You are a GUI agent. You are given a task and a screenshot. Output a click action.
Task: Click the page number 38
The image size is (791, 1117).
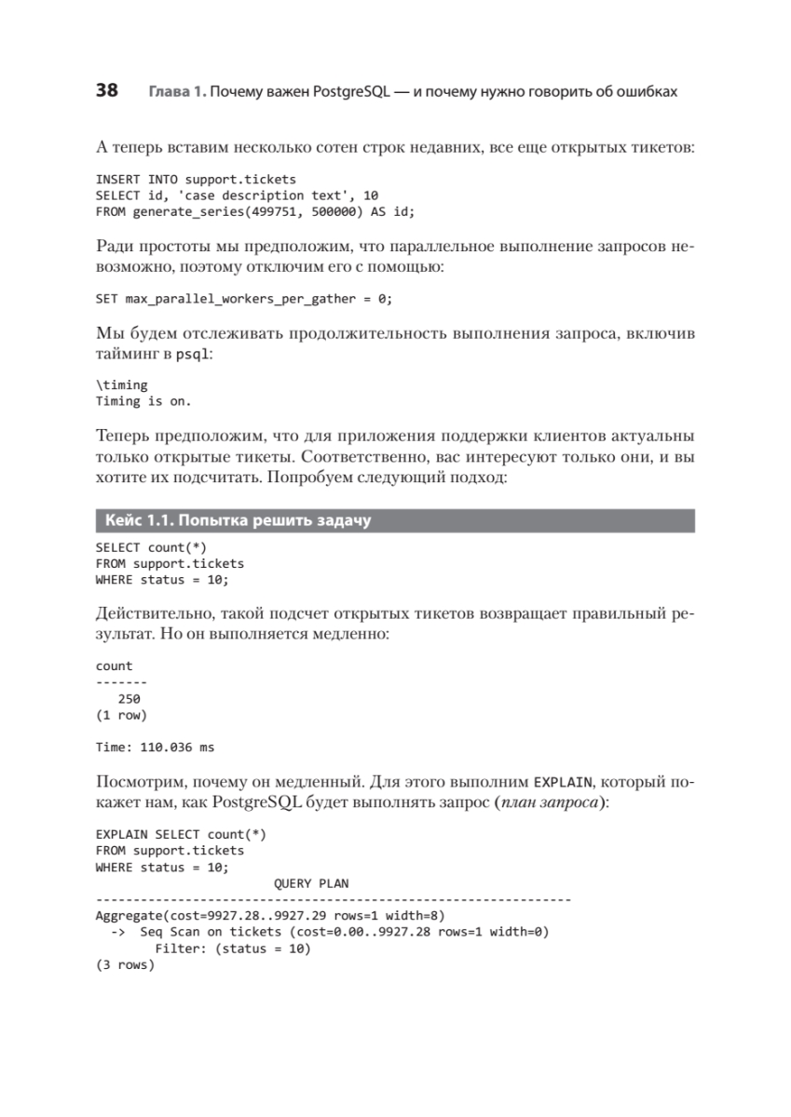[x=107, y=91]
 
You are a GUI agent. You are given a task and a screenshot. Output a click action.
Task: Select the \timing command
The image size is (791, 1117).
[x=121, y=385]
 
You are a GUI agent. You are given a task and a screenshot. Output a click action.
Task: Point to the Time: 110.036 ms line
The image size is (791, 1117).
[x=156, y=746]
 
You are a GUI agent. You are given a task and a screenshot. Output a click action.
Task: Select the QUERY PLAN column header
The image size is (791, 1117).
[x=311, y=882]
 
